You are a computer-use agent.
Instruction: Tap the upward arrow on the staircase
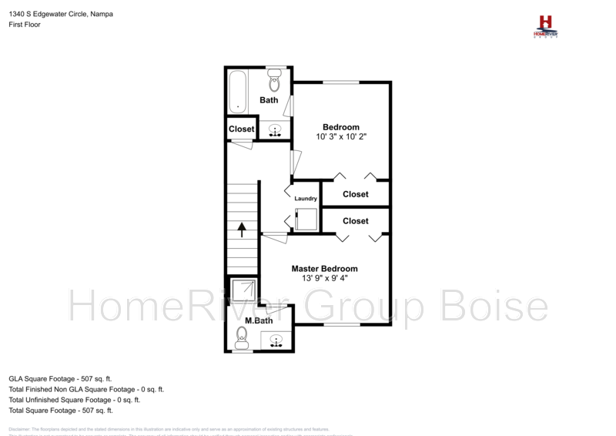(x=242, y=229)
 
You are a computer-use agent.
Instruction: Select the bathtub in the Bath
(x=237, y=91)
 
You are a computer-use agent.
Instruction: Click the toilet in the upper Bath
(x=273, y=79)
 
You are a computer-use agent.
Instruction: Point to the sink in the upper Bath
(x=275, y=130)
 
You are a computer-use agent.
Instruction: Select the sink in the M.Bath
(x=276, y=338)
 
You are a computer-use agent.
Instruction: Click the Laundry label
(x=306, y=199)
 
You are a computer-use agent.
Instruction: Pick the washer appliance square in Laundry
(x=306, y=219)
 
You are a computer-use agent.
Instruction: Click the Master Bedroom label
(x=324, y=269)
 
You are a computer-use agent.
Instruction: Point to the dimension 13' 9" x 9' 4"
(x=324, y=279)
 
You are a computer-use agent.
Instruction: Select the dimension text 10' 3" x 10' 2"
(x=340, y=136)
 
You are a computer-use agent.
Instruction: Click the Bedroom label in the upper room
(x=340, y=126)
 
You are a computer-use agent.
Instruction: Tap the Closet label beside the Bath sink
(x=241, y=129)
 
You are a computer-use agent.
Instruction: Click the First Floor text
(x=25, y=25)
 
